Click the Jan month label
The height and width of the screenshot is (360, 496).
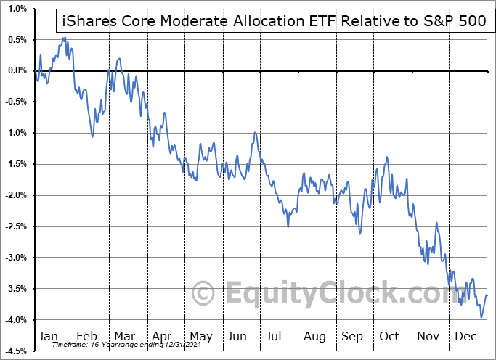pyautogui.click(x=47, y=336)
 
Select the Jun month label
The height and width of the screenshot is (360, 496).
pyautogui.click(x=237, y=336)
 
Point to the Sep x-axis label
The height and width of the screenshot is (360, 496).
pyautogui.click(x=352, y=336)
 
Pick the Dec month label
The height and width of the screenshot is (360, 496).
pyautogui.click(x=465, y=336)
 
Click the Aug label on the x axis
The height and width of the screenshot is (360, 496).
pyautogui.click(x=314, y=336)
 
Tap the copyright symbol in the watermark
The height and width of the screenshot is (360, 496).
pyautogui.click(x=203, y=294)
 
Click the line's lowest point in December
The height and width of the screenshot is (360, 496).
pyautogui.click(x=481, y=317)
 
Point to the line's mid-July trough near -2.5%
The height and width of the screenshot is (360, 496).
pyautogui.click(x=288, y=226)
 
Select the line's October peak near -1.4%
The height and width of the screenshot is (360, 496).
pyautogui.click(x=387, y=157)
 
